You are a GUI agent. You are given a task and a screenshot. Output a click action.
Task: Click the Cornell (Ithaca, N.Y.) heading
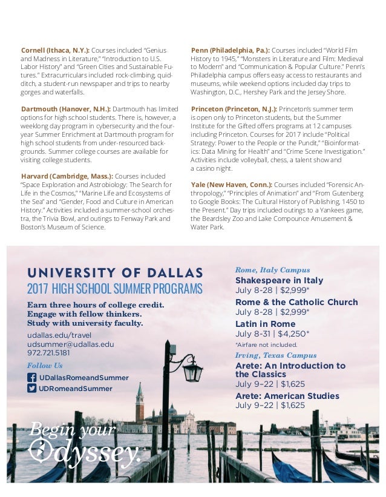[55, 50]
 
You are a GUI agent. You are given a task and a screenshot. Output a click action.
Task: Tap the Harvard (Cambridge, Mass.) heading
[67, 176]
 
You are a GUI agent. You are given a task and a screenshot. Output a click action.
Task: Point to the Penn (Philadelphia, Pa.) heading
[230, 50]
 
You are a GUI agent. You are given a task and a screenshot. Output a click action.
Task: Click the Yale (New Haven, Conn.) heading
[231, 184]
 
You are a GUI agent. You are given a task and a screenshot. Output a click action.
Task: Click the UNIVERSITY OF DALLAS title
[115, 272]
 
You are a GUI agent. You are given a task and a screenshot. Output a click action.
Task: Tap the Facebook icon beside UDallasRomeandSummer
[32, 377]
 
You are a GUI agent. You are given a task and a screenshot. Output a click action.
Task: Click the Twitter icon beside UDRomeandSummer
[32, 388]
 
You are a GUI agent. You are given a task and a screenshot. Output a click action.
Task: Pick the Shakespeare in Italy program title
[279, 280]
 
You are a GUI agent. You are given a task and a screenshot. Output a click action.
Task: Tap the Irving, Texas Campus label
[275, 355]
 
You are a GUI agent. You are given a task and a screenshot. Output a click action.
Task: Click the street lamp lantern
[192, 371]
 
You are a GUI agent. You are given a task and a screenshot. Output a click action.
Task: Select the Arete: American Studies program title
[287, 396]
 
